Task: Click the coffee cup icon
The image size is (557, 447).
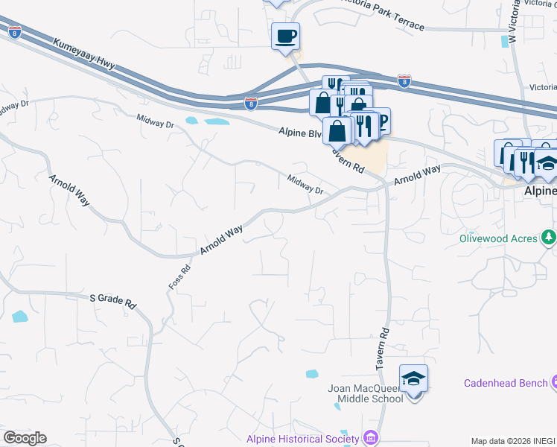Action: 285,35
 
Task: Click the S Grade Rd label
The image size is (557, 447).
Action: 114,301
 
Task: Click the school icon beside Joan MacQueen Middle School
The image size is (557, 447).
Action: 413,378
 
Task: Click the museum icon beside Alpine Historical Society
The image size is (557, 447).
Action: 372,438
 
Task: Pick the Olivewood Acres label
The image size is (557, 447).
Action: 497,238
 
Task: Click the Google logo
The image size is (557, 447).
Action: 25,438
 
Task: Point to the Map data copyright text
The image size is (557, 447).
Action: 512,441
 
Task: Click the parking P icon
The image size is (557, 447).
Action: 381,121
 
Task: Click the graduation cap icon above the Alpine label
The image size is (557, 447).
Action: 547,164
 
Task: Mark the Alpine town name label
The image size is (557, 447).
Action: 539,191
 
